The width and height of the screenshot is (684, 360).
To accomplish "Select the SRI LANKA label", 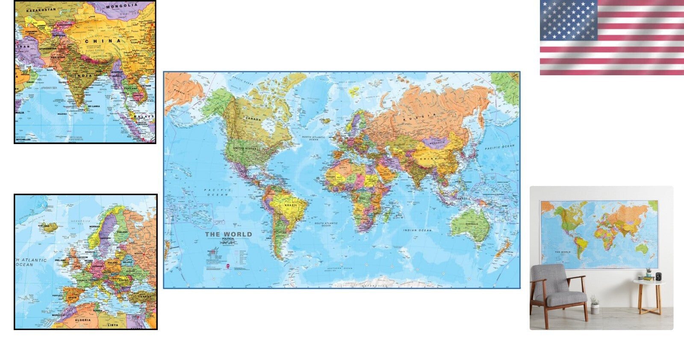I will coord(94,106).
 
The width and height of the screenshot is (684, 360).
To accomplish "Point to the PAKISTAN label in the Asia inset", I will coord(58,57).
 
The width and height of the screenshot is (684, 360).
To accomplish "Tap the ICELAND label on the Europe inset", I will coord(44,226).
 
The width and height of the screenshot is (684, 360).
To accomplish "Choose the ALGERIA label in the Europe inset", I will coord(83,320).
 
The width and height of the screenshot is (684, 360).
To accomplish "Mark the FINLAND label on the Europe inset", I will coord(123,232).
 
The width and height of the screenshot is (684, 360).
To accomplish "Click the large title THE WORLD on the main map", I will coord(228,234).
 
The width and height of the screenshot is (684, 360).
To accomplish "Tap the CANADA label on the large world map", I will coord(253,119).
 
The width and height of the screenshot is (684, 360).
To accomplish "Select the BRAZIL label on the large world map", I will coord(291,206).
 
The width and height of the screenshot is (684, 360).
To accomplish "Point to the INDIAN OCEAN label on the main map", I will coord(417,230).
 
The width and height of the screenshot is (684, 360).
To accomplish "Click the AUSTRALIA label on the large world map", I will coord(472,224).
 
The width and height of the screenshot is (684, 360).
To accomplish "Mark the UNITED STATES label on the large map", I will coord(245,148).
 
